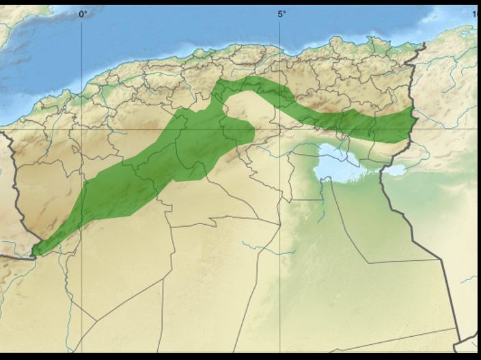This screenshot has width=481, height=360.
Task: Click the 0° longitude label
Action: tap(83, 13)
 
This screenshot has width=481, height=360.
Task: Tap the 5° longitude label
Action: tap(281, 13)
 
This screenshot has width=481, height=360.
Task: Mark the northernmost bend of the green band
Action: tap(225, 85)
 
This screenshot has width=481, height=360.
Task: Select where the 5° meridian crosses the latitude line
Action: tap(281, 128)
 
